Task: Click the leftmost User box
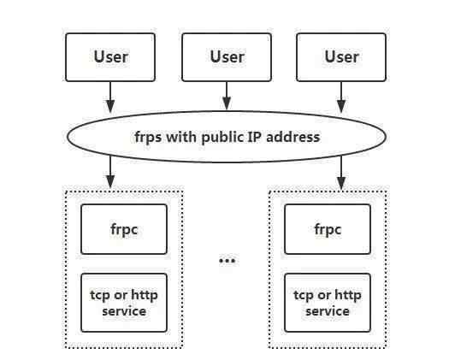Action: click(x=110, y=57)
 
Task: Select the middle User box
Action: click(x=227, y=57)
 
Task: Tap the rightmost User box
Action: click(x=341, y=57)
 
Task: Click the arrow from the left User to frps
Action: click(x=110, y=97)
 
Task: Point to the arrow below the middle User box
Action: click(x=227, y=97)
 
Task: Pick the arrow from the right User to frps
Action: click(x=341, y=97)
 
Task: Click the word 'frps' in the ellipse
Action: click(x=148, y=138)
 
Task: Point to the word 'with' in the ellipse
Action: click(x=181, y=137)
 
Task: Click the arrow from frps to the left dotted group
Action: click(x=110, y=173)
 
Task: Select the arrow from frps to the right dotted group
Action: click(x=341, y=173)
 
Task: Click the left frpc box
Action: click(x=124, y=229)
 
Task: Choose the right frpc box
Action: click(x=328, y=229)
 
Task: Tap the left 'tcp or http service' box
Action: click(x=124, y=303)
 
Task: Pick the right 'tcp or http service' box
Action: click(x=328, y=303)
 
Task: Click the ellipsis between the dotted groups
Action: click(x=227, y=261)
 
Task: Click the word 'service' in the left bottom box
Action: click(x=124, y=311)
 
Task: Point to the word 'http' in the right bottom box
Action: click(x=348, y=295)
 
